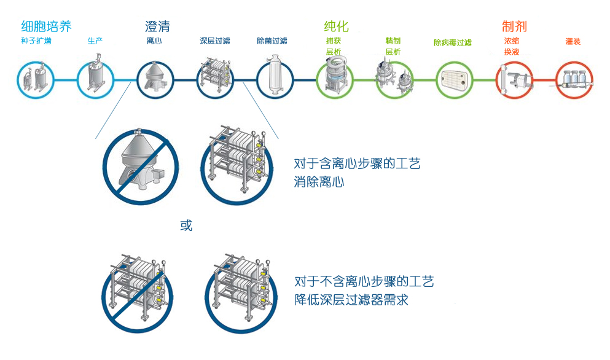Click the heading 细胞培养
click(x=46, y=26)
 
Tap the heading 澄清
click(x=157, y=26)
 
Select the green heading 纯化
click(x=336, y=26)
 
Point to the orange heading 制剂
click(x=514, y=26)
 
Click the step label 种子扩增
click(x=36, y=41)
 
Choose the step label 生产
click(x=95, y=41)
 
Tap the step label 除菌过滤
click(x=272, y=41)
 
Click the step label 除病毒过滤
click(x=453, y=42)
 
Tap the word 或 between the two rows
click(x=186, y=225)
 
